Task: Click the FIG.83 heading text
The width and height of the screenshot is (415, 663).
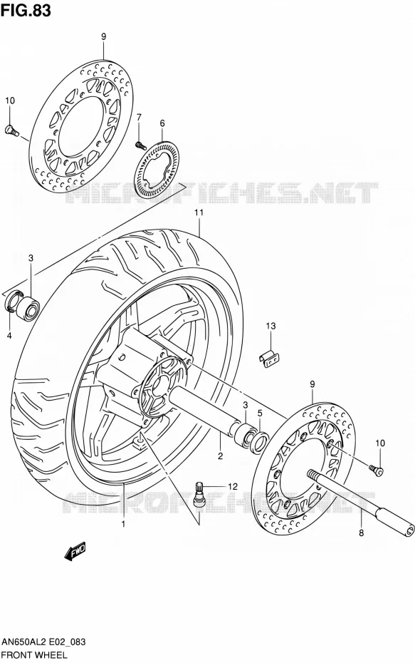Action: (x=26, y=10)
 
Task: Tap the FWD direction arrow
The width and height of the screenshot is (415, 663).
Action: (x=75, y=551)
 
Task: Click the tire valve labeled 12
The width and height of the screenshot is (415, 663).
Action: (x=199, y=493)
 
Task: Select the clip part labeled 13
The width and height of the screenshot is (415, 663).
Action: (x=269, y=359)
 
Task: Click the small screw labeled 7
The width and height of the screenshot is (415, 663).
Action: (x=140, y=145)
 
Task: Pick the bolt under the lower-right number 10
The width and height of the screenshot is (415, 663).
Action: (x=376, y=468)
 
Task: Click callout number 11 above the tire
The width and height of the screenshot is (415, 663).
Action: (x=199, y=212)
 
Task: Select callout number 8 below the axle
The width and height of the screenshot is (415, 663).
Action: (x=361, y=533)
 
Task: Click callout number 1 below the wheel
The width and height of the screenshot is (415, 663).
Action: (x=123, y=524)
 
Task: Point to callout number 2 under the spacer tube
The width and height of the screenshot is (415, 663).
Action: (x=221, y=456)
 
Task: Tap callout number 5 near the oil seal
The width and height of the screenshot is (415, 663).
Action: (x=260, y=413)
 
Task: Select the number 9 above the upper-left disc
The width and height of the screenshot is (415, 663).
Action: (x=103, y=37)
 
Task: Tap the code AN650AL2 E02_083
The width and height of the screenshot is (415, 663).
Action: (x=43, y=642)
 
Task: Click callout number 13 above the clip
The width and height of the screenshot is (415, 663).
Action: (x=270, y=326)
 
